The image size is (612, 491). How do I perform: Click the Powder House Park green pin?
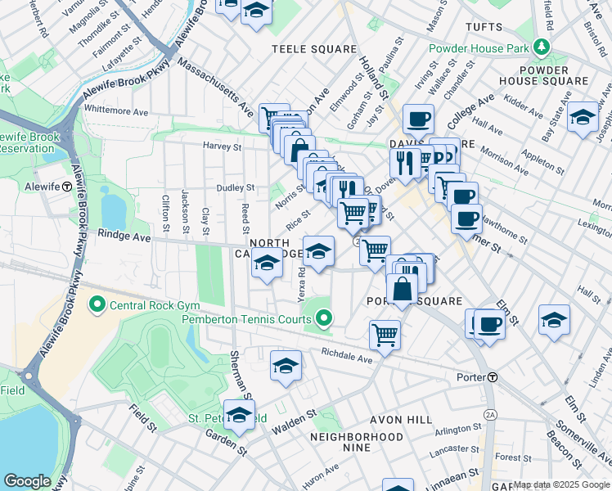click(540, 48)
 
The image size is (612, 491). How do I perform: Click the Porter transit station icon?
click(493, 377)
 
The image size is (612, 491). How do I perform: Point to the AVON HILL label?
click(401, 419)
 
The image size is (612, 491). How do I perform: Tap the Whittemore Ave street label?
click(115, 109)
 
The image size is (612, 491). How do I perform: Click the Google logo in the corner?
click(27, 481)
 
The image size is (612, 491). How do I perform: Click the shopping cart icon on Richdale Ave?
click(384, 333)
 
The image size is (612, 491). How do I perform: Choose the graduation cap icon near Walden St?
click(285, 365)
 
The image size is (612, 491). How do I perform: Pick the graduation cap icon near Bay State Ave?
click(582, 115)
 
